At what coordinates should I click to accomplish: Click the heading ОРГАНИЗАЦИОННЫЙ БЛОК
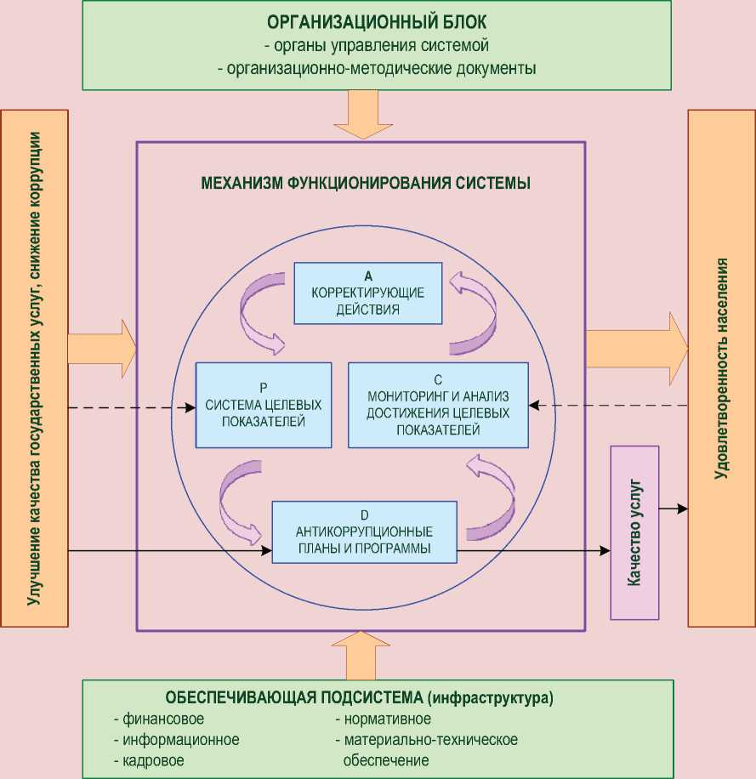coord(376,21)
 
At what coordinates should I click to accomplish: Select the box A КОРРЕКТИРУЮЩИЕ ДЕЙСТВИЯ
coord(368,293)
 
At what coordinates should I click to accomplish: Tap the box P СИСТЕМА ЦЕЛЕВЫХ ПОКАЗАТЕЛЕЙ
coord(263,405)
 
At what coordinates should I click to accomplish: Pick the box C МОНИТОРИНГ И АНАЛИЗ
coord(437,405)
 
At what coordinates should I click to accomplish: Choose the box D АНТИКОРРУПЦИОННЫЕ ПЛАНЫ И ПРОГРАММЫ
coord(364,532)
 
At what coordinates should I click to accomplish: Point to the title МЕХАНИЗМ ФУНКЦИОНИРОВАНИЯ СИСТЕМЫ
coord(365,182)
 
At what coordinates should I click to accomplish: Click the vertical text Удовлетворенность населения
coord(722,367)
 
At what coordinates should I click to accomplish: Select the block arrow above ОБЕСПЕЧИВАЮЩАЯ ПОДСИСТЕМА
coord(361,654)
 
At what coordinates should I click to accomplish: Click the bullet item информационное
coord(176,740)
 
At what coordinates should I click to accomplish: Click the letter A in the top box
coord(368,276)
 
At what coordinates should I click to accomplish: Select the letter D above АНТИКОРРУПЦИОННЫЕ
coord(364,515)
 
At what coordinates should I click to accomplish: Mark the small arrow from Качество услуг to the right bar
coord(673,509)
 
